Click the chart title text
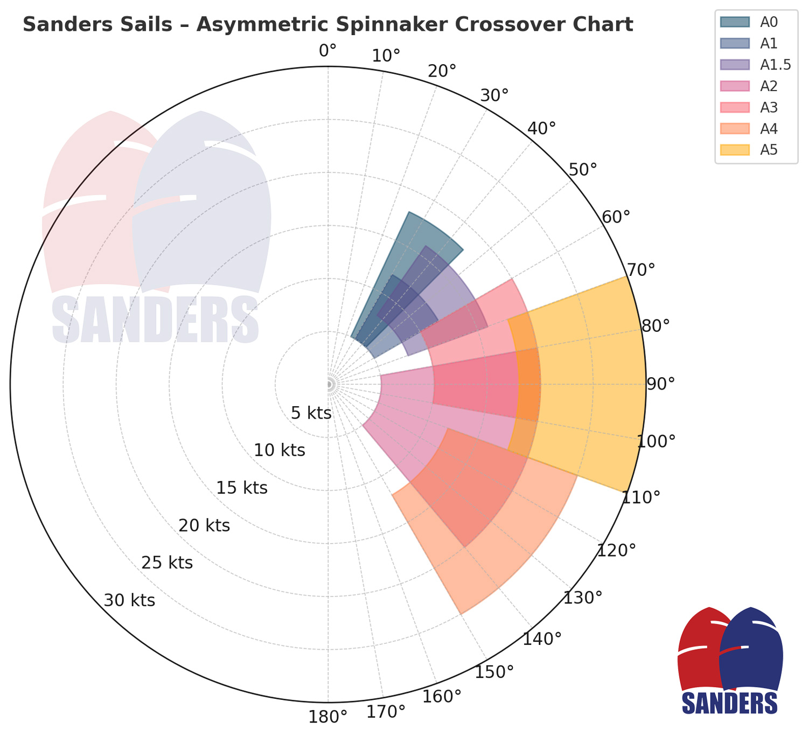click(x=328, y=25)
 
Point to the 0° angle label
click(x=328, y=51)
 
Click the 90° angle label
click(x=660, y=384)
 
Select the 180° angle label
click(x=328, y=718)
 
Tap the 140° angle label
click(x=542, y=640)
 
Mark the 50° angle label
click(x=583, y=169)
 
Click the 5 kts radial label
click(x=311, y=413)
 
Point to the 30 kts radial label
click(x=129, y=600)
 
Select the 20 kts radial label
click(x=204, y=525)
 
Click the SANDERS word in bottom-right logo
click(x=729, y=703)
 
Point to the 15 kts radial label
click(x=242, y=488)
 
